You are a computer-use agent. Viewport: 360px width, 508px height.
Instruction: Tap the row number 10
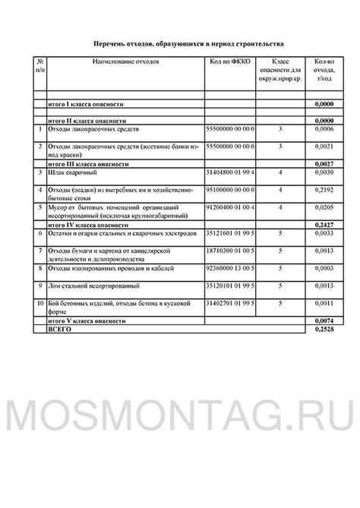40,303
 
